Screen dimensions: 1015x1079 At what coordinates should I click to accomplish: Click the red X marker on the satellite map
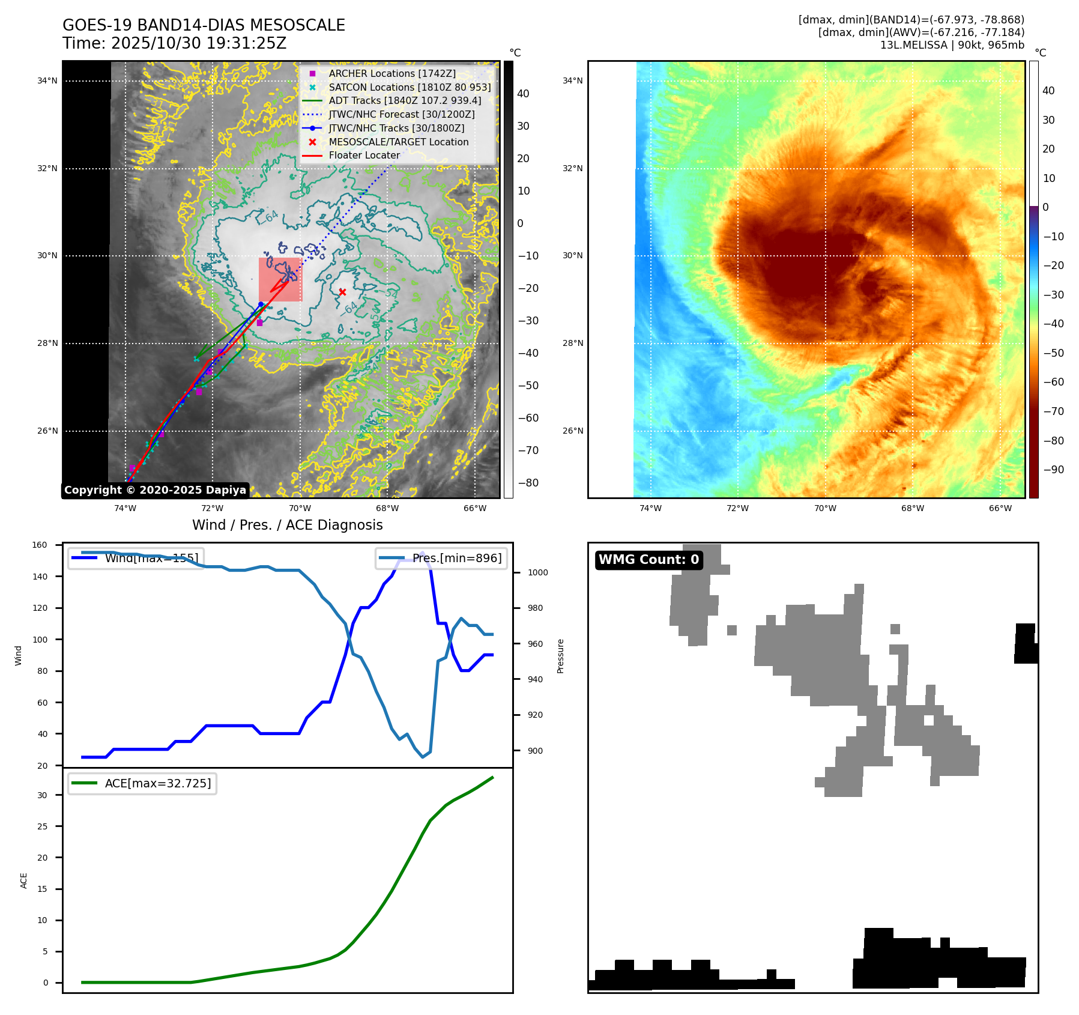(342, 292)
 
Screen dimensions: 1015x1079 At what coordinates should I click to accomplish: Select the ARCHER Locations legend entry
(391, 73)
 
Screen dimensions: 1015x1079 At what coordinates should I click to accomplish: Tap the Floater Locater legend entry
(364, 155)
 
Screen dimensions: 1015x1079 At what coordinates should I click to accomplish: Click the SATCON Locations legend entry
(410, 87)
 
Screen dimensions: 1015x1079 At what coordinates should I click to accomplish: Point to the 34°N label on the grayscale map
(47, 80)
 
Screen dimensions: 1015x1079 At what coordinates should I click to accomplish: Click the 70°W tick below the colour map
(825, 508)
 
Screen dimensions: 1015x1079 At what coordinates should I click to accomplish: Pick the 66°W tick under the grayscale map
(475, 508)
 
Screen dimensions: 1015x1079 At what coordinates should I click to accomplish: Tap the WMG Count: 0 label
(648, 560)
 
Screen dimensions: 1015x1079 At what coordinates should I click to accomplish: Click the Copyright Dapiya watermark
(155, 490)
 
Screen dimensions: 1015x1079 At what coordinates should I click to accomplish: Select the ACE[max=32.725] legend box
(142, 783)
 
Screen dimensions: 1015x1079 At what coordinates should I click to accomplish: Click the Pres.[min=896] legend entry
(442, 558)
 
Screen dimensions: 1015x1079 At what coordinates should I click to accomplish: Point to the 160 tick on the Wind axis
(40, 545)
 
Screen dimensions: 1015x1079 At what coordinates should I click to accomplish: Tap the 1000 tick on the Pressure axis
(537, 572)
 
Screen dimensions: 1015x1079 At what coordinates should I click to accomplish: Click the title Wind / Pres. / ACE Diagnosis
(287, 525)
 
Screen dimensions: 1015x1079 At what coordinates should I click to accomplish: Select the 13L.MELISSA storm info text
(952, 45)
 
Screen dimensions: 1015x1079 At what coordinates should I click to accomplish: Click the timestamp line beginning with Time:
(174, 43)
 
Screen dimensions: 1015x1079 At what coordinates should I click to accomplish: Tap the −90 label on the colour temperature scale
(1053, 470)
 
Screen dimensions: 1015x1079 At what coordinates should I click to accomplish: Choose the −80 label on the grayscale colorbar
(528, 483)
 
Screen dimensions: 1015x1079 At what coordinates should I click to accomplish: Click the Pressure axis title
(560, 656)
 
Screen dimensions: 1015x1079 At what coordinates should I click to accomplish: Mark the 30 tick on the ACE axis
(42, 795)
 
